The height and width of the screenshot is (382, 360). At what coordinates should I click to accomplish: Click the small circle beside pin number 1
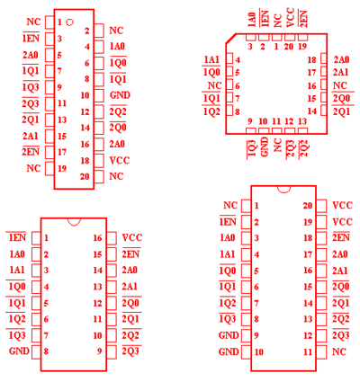(x=69, y=22)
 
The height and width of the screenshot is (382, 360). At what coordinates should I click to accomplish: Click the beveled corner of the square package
(x=230, y=39)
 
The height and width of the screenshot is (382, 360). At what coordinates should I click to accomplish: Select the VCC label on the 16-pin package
(x=132, y=238)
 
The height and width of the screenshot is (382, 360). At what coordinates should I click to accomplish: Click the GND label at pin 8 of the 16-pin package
(x=19, y=351)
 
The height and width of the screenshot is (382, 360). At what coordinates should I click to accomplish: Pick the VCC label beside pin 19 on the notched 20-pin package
(x=342, y=222)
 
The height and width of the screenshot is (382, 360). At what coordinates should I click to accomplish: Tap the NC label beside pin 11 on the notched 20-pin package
(x=339, y=351)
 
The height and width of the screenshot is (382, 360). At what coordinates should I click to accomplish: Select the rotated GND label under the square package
(x=265, y=147)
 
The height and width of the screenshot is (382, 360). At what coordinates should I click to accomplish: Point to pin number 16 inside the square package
(x=312, y=86)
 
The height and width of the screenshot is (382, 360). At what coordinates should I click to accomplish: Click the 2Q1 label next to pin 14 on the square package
(x=341, y=111)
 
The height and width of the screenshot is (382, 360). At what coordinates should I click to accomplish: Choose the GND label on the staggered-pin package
(x=120, y=95)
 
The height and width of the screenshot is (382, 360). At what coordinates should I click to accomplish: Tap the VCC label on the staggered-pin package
(x=120, y=160)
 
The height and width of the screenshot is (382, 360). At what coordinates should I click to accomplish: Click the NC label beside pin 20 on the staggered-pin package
(x=116, y=176)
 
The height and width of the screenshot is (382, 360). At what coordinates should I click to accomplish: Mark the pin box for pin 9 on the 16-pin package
(x=112, y=351)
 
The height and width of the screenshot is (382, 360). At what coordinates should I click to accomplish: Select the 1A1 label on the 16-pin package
(x=17, y=271)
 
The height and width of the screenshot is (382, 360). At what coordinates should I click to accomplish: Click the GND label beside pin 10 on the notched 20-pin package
(x=229, y=351)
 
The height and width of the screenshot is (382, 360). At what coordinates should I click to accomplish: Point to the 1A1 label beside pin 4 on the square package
(x=211, y=59)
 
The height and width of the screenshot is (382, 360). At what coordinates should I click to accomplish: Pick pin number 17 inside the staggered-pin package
(x=62, y=152)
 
